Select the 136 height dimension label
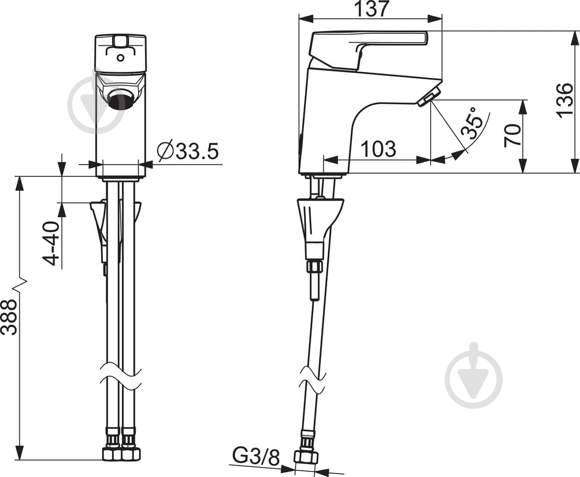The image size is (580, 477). coord(565,101)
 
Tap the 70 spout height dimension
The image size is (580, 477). coord(513,135)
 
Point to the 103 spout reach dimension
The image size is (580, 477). coord(378,149)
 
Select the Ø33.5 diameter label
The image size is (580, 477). coord(188,151)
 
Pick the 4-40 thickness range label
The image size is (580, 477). coord(51,243)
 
